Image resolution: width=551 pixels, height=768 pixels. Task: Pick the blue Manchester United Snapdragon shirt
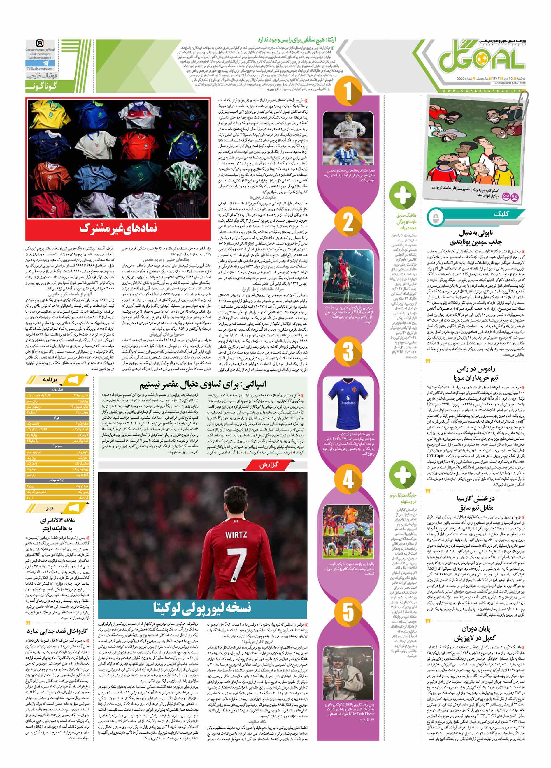(x=348, y=403)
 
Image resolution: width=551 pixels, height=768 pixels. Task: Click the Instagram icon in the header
(x=40, y=43)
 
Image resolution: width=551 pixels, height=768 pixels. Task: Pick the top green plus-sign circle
(x=403, y=195)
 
